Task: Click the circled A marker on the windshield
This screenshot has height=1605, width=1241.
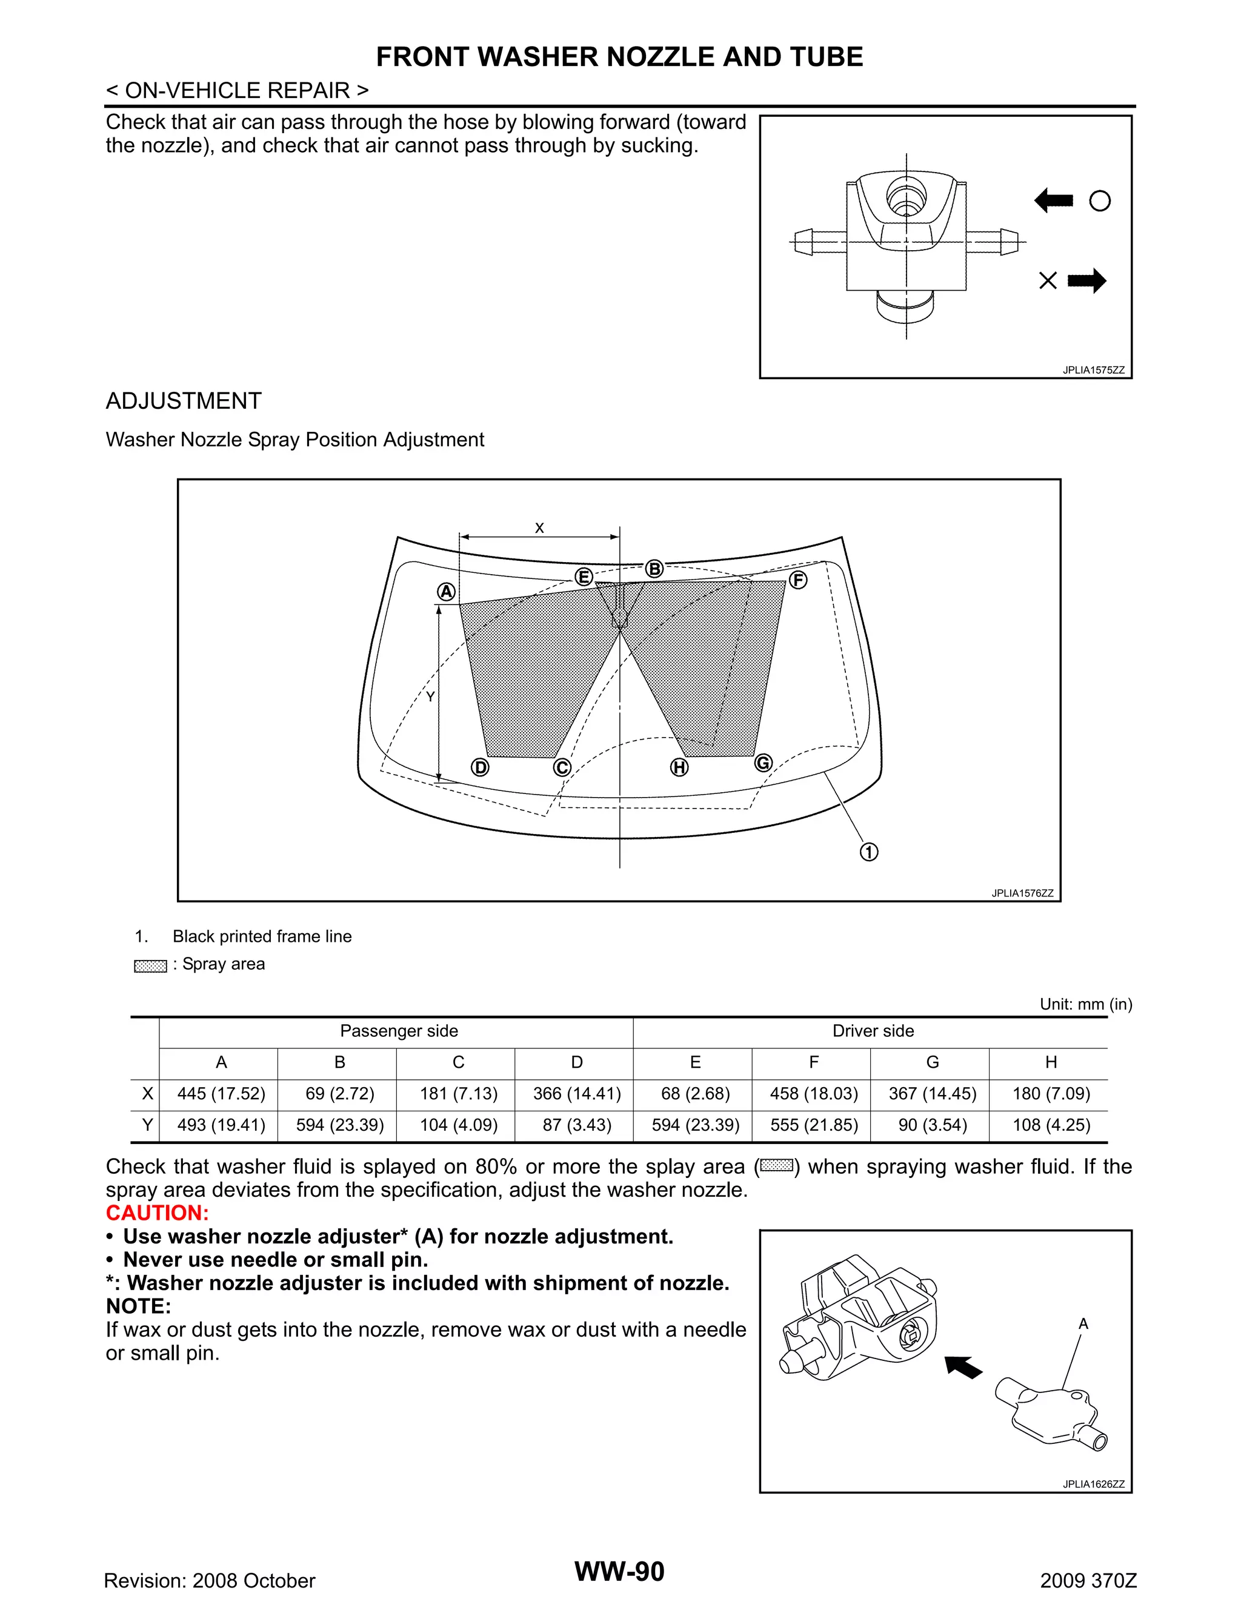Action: tap(446, 592)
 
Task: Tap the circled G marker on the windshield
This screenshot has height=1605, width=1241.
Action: tap(763, 763)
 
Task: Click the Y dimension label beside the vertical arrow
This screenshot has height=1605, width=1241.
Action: tap(430, 697)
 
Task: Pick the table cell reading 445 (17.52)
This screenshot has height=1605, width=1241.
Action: tap(221, 1093)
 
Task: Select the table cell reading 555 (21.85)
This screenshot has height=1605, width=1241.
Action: tap(814, 1125)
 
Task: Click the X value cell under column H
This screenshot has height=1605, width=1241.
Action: tap(1051, 1093)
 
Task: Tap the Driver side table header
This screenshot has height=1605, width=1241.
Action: tap(873, 1031)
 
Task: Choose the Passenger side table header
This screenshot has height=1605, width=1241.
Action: tap(399, 1031)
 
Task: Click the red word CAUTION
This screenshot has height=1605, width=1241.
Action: tap(158, 1213)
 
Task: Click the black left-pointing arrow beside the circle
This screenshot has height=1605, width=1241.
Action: tap(1054, 200)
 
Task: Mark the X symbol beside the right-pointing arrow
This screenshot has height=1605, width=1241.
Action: tap(1048, 280)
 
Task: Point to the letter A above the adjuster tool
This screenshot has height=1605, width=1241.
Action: tap(1083, 1323)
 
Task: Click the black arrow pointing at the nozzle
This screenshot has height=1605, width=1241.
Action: tap(964, 1367)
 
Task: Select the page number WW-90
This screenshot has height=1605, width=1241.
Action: tap(619, 1571)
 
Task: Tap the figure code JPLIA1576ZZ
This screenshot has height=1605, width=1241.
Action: tap(1022, 893)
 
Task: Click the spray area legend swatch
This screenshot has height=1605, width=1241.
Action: tap(151, 965)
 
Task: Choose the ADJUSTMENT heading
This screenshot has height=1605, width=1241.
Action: tap(184, 400)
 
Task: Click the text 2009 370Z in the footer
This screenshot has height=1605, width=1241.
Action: tap(1088, 1581)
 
